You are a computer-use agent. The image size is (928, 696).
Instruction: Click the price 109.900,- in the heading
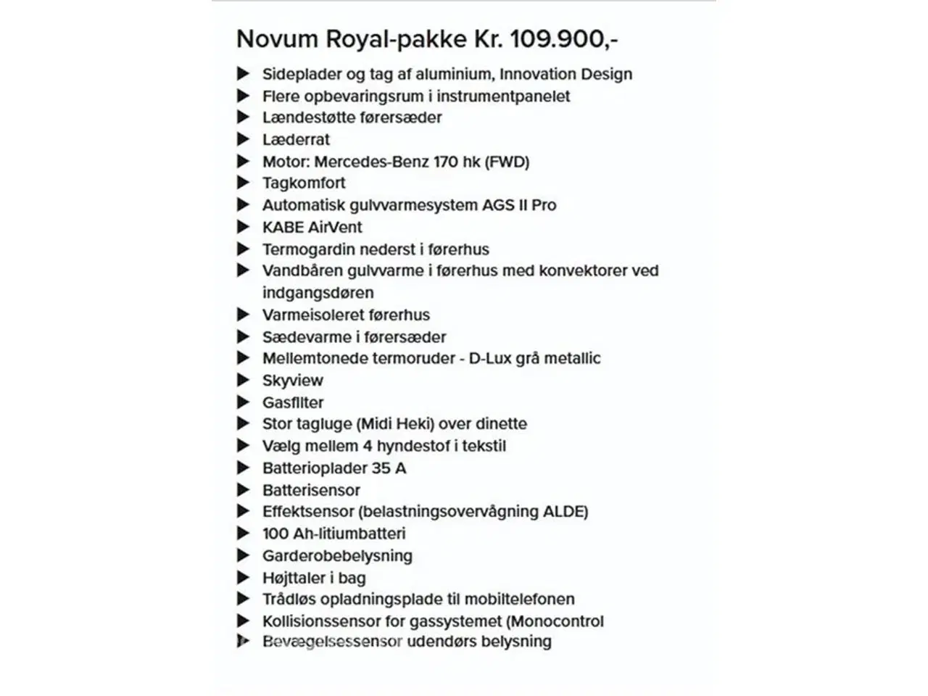(564, 39)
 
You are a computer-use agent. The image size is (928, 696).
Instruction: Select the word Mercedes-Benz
(371, 162)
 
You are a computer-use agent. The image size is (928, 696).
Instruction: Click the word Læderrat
(296, 140)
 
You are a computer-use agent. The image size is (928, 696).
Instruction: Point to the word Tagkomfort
(304, 183)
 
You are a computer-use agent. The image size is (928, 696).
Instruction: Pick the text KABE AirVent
(312, 228)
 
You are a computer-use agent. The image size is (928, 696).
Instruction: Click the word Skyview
(292, 381)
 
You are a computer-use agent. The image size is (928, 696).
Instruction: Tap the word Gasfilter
(293, 402)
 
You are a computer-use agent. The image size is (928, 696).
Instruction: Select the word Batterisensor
(311, 490)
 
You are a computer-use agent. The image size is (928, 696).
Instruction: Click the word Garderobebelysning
(337, 556)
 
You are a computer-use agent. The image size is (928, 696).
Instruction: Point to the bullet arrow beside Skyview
(243, 380)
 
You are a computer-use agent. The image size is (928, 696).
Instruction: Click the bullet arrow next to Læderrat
(243, 139)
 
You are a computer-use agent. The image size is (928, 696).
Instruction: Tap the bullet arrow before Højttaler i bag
(243, 578)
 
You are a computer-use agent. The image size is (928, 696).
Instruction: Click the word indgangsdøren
(318, 293)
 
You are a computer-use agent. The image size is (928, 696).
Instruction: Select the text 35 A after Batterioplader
(389, 468)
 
